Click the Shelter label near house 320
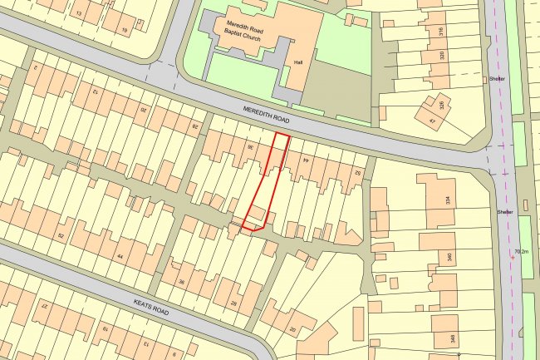point(498,80)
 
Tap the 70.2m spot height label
point(522,251)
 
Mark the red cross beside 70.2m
point(512,258)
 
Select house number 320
point(441,55)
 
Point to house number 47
point(432,121)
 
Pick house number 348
point(452,338)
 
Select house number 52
point(61,236)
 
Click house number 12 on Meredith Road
point(94,91)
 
